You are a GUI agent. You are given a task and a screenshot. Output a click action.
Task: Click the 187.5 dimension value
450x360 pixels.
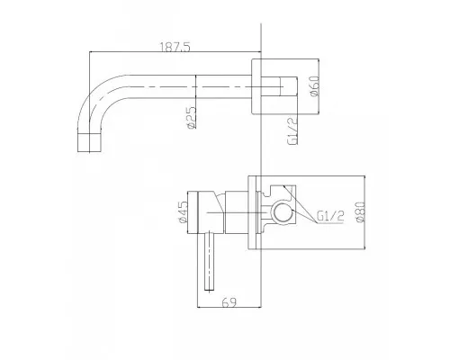point(175,47)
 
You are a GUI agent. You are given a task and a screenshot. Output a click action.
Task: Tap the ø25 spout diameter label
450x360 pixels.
point(191,118)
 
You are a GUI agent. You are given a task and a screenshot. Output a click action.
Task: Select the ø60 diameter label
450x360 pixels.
point(315,86)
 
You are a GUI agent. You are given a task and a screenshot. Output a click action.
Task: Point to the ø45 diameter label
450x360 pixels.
point(183,211)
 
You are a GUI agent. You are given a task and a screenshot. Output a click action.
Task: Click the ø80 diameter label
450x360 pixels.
point(360,211)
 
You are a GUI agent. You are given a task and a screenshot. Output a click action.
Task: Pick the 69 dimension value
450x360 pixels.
point(229,302)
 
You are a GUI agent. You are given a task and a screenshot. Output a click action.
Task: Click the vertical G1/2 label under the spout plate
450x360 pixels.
point(292,130)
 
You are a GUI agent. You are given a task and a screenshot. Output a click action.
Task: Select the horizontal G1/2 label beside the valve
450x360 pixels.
point(330,216)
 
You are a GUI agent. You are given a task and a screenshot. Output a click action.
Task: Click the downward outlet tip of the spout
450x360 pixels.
point(89,142)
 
